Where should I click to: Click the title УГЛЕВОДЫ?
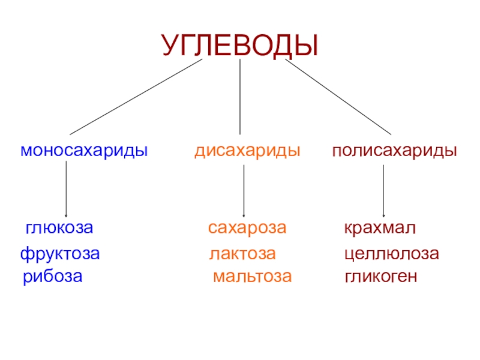pos(239,44)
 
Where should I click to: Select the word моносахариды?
pos(84,150)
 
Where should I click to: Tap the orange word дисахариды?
pos(247,150)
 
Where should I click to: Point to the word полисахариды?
pos(395,150)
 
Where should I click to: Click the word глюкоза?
pos(59,229)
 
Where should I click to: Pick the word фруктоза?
pos(60,254)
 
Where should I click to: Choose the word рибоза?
pos(53,277)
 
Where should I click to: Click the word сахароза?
pos(247,229)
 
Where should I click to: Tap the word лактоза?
pos(242,254)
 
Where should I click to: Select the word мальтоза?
pos(252,277)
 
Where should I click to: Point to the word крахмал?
pos(380,229)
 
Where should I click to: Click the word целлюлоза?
pos(391,254)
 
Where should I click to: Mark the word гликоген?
pos(380,277)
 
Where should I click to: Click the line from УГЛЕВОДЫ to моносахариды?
pos(136,97)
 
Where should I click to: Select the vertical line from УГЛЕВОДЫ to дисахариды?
pos(240,96)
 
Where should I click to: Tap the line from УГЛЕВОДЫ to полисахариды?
pos(338,97)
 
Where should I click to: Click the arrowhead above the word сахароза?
pos(244,213)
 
